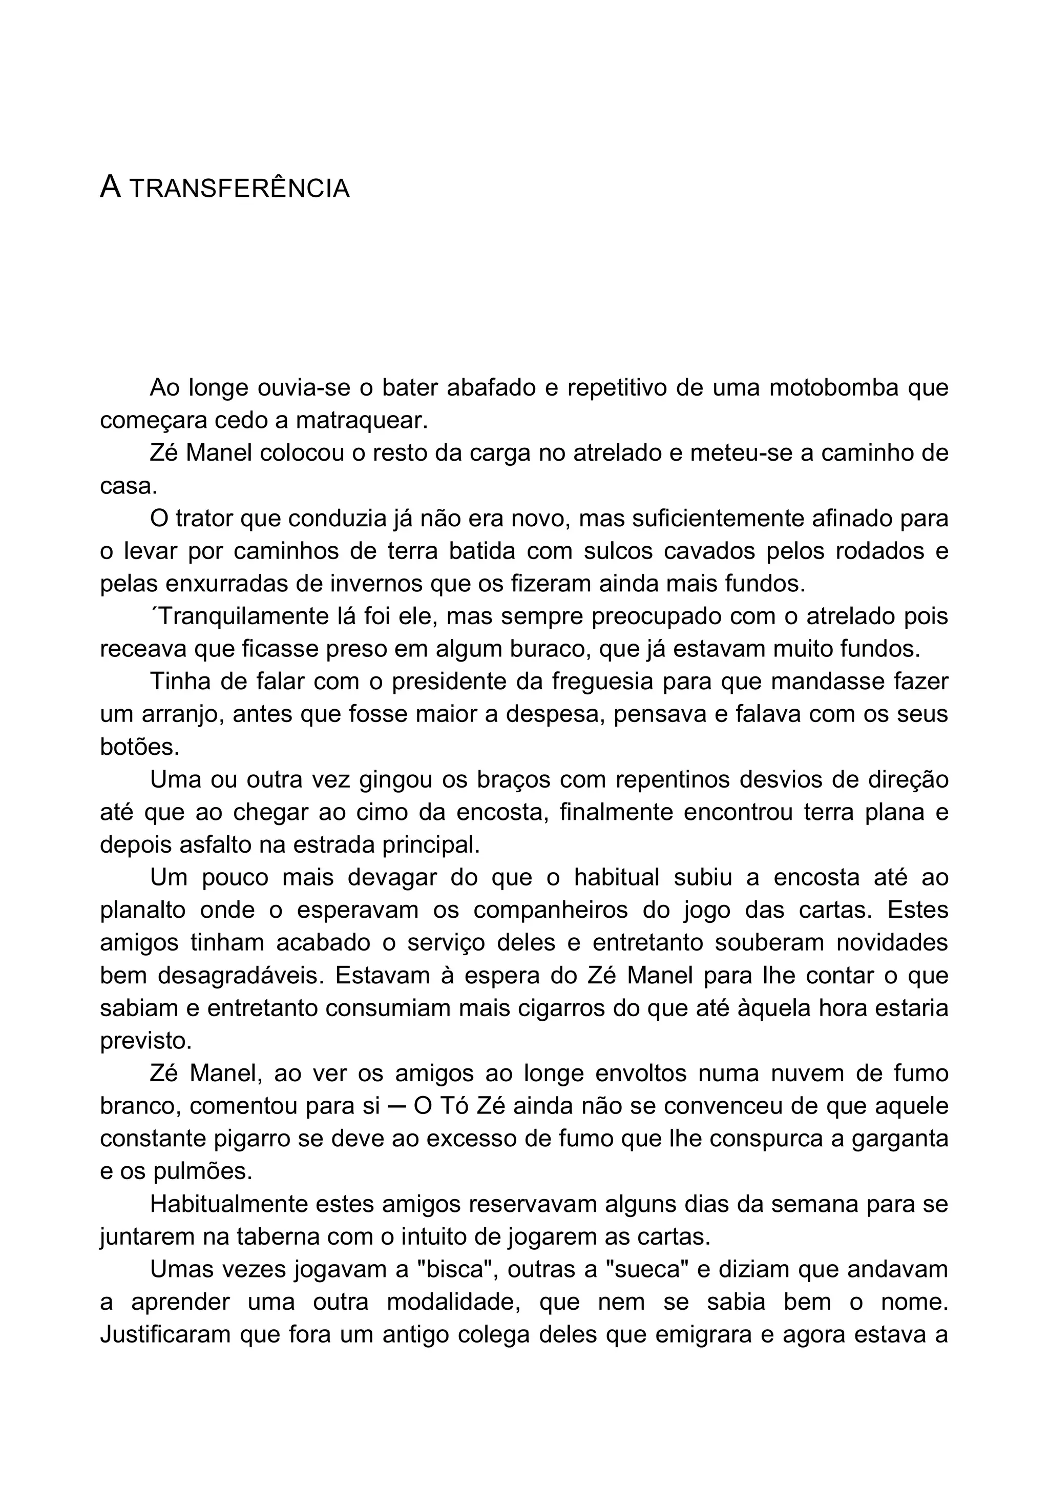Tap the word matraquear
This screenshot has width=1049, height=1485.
(362, 421)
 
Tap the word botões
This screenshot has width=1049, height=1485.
(139, 748)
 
